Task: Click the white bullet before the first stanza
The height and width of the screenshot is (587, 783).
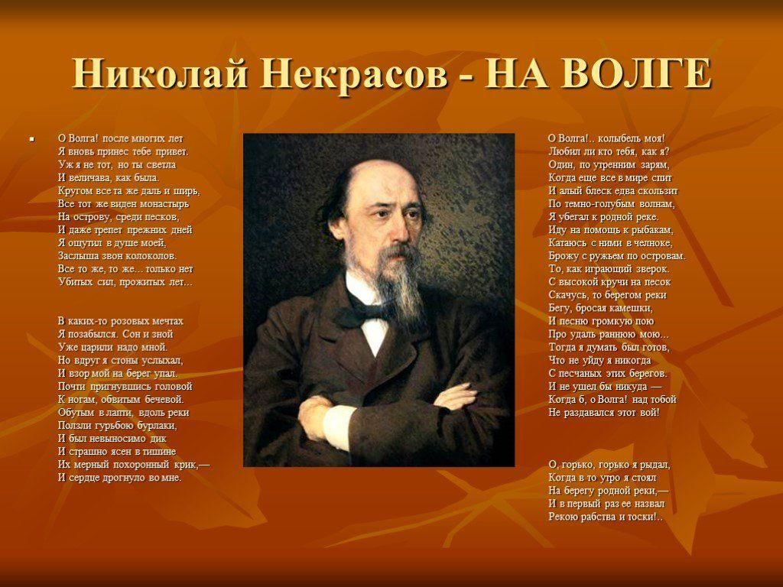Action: [31, 139]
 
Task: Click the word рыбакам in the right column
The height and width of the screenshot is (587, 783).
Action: [651, 230]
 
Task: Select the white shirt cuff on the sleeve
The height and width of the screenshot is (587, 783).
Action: [336, 425]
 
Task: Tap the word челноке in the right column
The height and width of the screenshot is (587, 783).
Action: [654, 243]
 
